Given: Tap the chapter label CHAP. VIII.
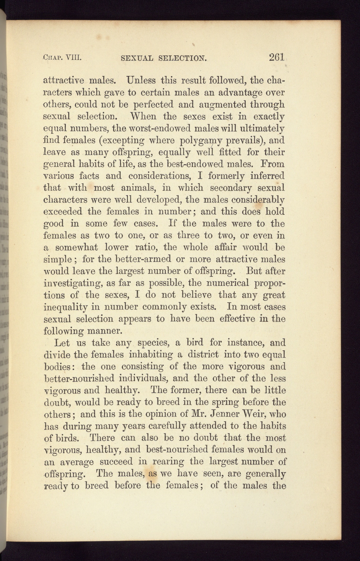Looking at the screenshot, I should point(62,58).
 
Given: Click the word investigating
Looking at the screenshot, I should point(71,283).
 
